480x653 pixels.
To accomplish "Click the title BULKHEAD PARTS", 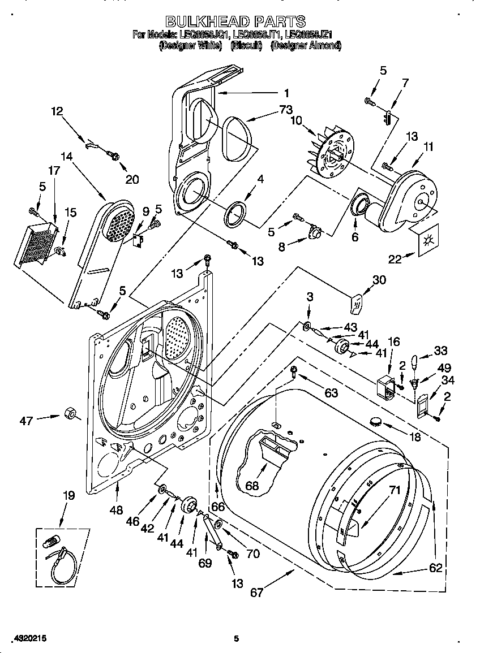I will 237,22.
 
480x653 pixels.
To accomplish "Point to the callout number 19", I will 68,496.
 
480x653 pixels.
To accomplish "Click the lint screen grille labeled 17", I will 35,244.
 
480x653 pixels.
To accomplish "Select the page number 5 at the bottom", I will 237,639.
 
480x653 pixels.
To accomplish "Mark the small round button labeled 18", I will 375,421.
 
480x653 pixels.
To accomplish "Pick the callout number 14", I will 67,158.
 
